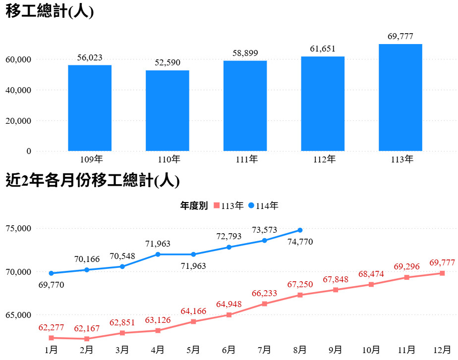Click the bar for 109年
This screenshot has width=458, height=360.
point(90,108)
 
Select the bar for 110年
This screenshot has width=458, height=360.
point(168,110)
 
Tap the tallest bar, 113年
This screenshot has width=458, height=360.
point(401,98)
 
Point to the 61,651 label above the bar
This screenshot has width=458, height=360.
point(323,49)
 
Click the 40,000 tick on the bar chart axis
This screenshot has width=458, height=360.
point(18,90)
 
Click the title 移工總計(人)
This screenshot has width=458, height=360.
point(50,12)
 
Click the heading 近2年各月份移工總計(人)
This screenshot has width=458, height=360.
point(92,181)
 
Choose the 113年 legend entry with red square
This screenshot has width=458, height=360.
point(228,206)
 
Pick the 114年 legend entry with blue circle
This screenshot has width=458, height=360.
point(263,206)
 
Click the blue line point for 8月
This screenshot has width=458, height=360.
point(300,230)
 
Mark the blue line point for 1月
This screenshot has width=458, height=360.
point(51,273)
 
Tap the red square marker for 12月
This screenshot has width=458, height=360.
point(442,273)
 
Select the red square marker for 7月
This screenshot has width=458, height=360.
point(264,304)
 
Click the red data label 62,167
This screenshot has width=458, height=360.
point(87,328)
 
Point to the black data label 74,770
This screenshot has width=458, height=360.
point(300,242)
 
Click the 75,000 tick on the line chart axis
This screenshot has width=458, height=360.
point(18,228)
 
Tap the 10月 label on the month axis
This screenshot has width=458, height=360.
point(371,350)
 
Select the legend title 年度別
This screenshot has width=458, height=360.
point(193,206)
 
